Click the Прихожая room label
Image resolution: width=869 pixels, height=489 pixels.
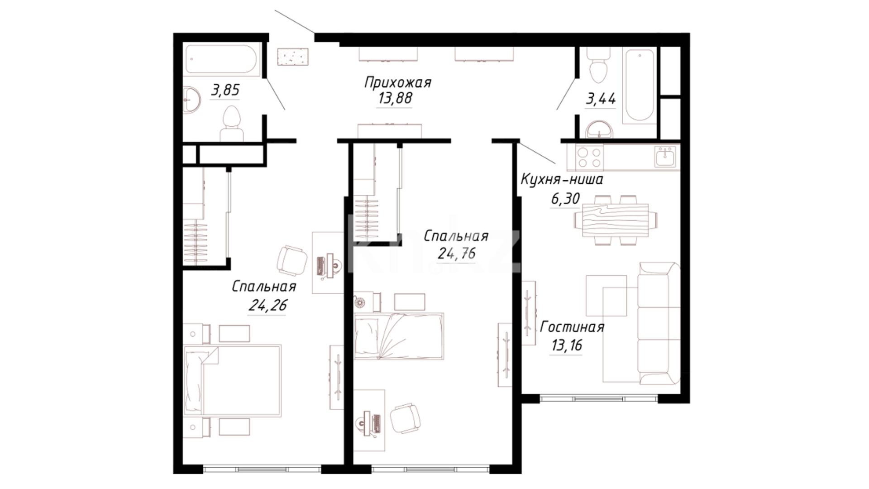tap(397, 83)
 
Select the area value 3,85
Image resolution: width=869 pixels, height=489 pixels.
tap(225, 90)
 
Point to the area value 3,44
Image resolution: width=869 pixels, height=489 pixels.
tap(601, 98)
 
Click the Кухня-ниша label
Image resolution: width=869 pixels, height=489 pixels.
tap(562, 180)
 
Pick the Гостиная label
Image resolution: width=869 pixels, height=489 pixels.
tap(572, 327)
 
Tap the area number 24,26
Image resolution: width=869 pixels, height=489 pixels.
tap(267, 305)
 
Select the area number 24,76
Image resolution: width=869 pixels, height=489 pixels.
tap(457, 253)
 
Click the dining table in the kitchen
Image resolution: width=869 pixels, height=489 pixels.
tap(615, 220)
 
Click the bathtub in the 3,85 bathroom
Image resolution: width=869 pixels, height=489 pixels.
tap(221, 59)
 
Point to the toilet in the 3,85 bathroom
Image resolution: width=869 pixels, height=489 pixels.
tap(232, 123)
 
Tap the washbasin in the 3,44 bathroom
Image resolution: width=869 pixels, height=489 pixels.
tap(599, 129)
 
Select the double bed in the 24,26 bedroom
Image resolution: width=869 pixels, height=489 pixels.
tap(233, 380)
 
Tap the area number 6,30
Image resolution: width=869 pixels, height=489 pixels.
tap(565, 198)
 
